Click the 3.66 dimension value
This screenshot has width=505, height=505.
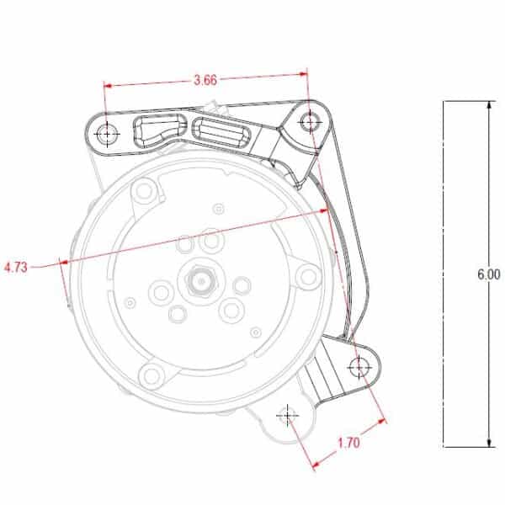point(205,80)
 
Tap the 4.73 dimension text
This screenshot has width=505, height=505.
point(16,268)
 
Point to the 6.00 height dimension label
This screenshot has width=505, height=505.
point(488,274)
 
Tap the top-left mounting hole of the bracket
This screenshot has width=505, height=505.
point(108,134)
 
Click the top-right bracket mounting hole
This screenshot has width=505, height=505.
point(310,123)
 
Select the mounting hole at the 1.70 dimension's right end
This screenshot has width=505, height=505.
point(359,367)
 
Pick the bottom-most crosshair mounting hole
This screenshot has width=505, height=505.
point(288,415)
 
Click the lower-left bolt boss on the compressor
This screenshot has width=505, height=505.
point(151,375)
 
